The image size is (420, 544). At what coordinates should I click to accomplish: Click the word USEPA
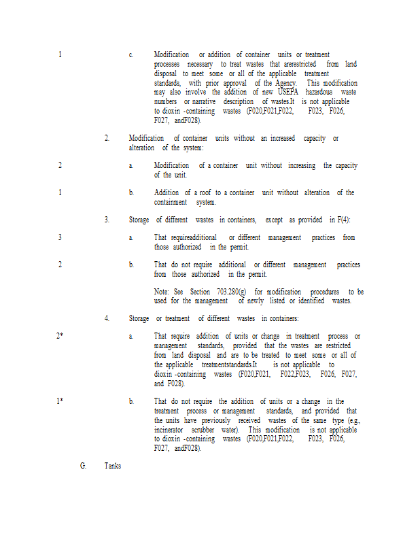tap(292, 92)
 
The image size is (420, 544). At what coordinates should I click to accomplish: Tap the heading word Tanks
tap(113, 466)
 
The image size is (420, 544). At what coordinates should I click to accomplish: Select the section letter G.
tap(83, 466)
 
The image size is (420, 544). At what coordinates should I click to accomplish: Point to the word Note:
tap(162, 291)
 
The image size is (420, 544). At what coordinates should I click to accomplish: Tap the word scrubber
tap(203, 430)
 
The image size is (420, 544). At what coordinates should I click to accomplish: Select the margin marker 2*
tap(60, 336)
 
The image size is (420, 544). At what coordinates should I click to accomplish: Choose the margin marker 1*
tap(60, 401)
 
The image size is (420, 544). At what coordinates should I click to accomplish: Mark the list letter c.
tap(131, 54)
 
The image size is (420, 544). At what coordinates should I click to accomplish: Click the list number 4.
tap(107, 318)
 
